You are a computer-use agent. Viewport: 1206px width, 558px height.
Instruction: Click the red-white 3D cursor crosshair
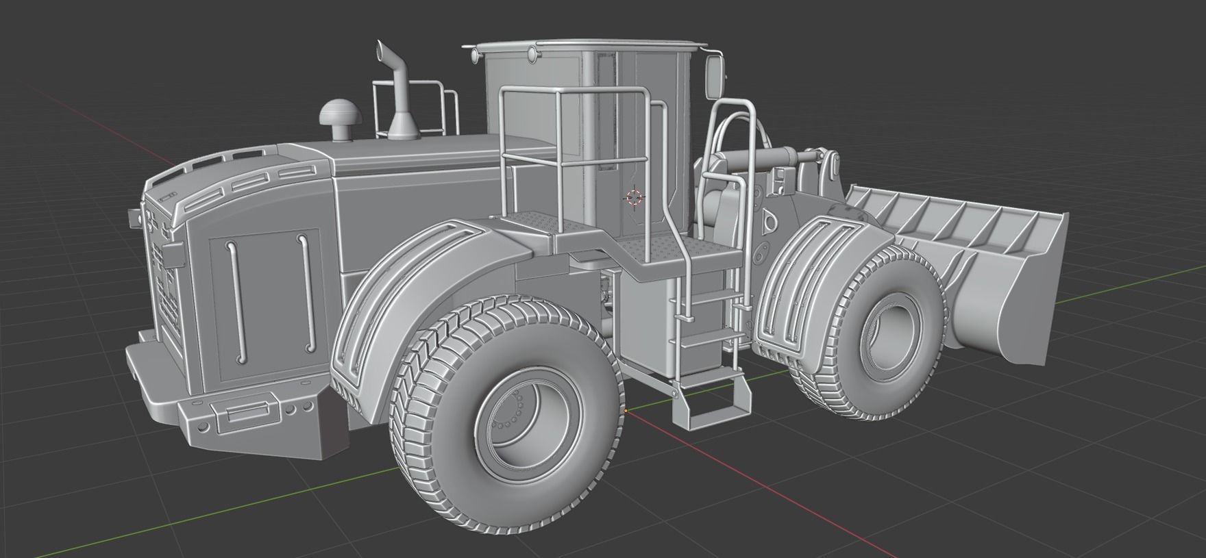pyautogui.click(x=634, y=198)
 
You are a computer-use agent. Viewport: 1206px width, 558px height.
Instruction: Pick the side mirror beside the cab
pyautogui.click(x=713, y=75)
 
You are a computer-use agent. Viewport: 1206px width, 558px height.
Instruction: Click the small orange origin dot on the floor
pyautogui.click(x=626, y=411)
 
